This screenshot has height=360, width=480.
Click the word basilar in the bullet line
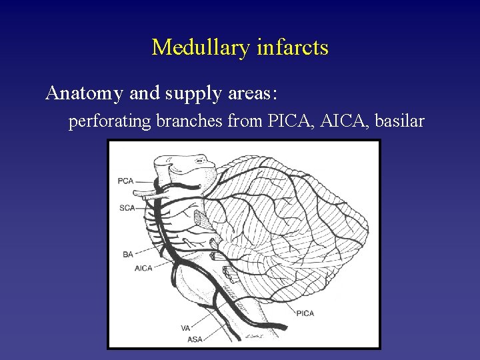click(x=400, y=122)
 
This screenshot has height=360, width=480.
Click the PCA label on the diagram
click(x=125, y=181)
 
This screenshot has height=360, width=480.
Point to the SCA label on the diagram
click(x=127, y=208)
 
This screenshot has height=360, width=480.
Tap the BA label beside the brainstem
click(x=128, y=254)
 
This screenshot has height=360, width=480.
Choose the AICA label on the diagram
click(x=143, y=268)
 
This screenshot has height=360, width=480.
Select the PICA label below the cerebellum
click(x=305, y=313)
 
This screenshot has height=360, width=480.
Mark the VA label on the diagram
click(x=185, y=327)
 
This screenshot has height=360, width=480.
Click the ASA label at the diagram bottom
click(x=195, y=339)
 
